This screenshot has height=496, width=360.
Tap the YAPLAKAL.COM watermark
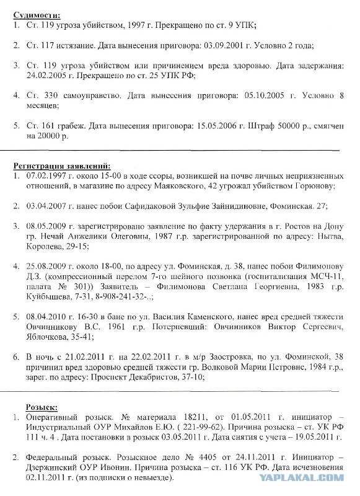point(318,477)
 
